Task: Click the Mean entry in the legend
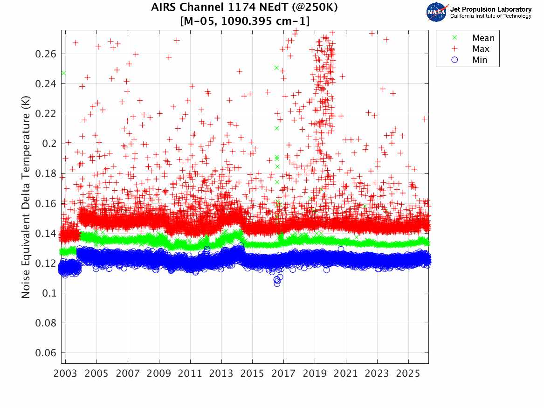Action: tap(483, 38)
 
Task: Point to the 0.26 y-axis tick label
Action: tap(46, 54)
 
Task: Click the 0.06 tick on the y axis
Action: tap(46, 353)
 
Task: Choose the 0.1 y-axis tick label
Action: tap(49, 293)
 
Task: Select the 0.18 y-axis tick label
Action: tap(46, 173)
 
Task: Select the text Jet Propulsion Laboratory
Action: tap(491, 9)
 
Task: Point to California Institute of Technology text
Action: tap(491, 16)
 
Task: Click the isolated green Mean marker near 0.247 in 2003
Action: tap(63, 73)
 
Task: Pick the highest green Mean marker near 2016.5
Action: tap(276, 68)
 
